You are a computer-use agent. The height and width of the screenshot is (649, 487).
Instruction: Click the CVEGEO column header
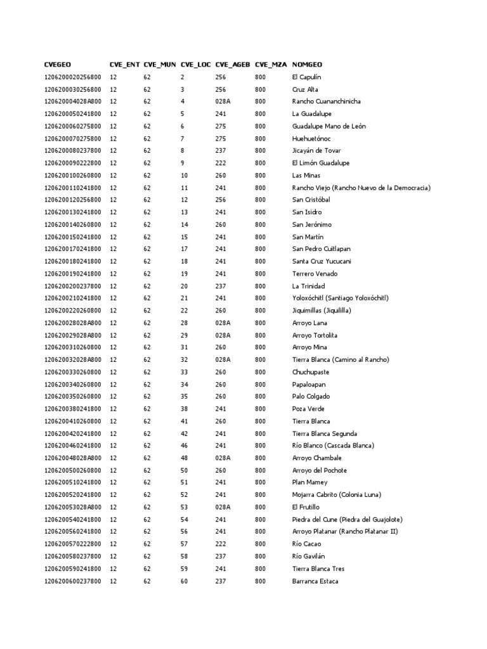tap(58, 65)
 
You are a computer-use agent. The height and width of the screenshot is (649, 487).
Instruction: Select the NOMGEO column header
tap(307, 65)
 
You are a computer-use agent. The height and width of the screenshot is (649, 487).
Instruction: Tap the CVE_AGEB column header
tap(233, 65)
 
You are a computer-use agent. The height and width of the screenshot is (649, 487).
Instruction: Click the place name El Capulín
tap(307, 77)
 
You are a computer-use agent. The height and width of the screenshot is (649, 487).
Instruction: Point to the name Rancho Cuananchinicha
tap(327, 101)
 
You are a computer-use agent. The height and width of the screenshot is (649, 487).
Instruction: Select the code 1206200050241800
tap(72, 114)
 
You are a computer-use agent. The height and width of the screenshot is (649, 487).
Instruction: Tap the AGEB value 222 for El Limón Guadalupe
tap(221, 163)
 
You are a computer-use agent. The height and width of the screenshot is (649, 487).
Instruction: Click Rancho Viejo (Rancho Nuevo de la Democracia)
tap(361, 188)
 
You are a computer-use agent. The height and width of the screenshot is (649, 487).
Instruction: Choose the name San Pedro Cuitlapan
tap(321, 249)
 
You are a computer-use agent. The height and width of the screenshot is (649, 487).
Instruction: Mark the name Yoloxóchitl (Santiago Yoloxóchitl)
tap(340, 298)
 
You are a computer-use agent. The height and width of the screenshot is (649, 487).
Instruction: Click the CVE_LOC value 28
tap(184, 323)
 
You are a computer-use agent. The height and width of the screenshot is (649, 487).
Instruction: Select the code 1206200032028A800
tap(72, 359)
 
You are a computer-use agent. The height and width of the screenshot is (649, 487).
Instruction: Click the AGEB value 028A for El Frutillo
tap(223, 507)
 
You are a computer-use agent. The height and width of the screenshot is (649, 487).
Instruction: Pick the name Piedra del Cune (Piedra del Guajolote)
tap(347, 519)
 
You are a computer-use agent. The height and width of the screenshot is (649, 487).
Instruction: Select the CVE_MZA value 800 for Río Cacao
tap(260, 544)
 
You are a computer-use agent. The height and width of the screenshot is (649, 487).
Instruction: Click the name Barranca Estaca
tap(315, 581)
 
